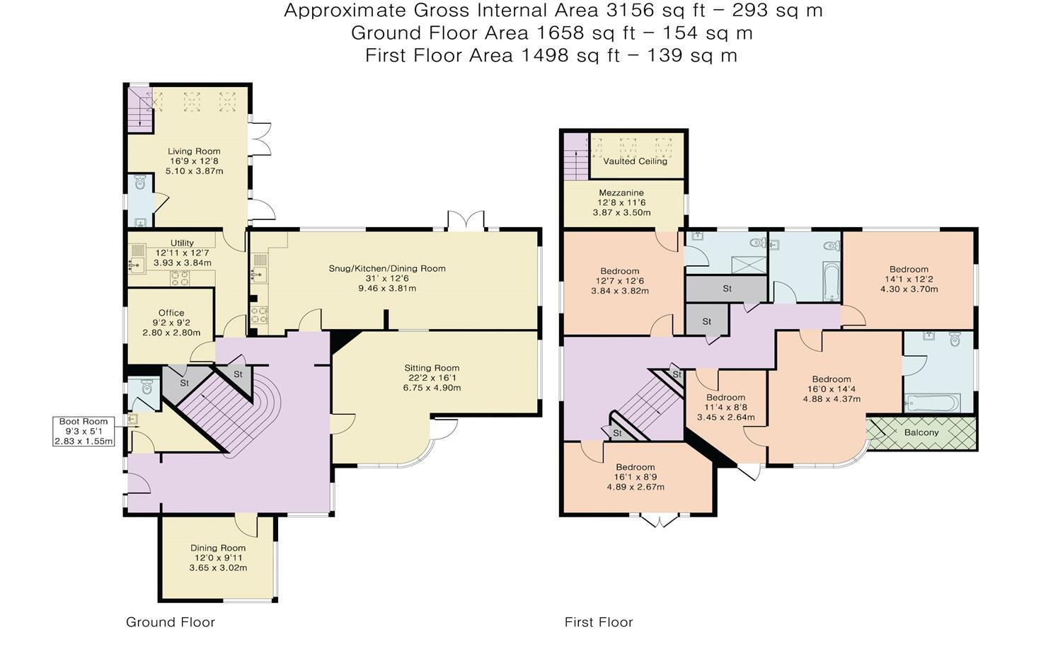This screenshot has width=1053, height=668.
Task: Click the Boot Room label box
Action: coord(84,432)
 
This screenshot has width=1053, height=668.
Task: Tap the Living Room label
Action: coord(194,161)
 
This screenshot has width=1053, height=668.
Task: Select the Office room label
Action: coord(171,323)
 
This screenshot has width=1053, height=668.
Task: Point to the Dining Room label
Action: coord(218,558)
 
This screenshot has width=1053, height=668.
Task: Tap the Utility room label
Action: coord(182,253)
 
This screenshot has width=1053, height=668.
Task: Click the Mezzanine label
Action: coord(621,202)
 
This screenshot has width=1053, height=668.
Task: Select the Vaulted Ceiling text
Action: coord(635,161)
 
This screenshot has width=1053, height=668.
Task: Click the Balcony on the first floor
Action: coord(921,432)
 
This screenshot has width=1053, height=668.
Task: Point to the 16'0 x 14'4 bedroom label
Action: coord(832,388)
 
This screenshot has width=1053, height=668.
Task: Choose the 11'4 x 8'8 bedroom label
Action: coord(725,407)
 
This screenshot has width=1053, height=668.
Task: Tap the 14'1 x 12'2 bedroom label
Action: coord(909,279)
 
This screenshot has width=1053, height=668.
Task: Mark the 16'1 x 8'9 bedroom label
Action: coord(635,477)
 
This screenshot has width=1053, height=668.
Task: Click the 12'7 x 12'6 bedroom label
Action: coord(620,281)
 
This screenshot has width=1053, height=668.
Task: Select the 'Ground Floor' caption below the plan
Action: coord(171,622)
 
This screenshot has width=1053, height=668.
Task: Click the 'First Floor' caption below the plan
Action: coord(599,622)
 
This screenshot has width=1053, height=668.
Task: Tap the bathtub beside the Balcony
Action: coord(931,403)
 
